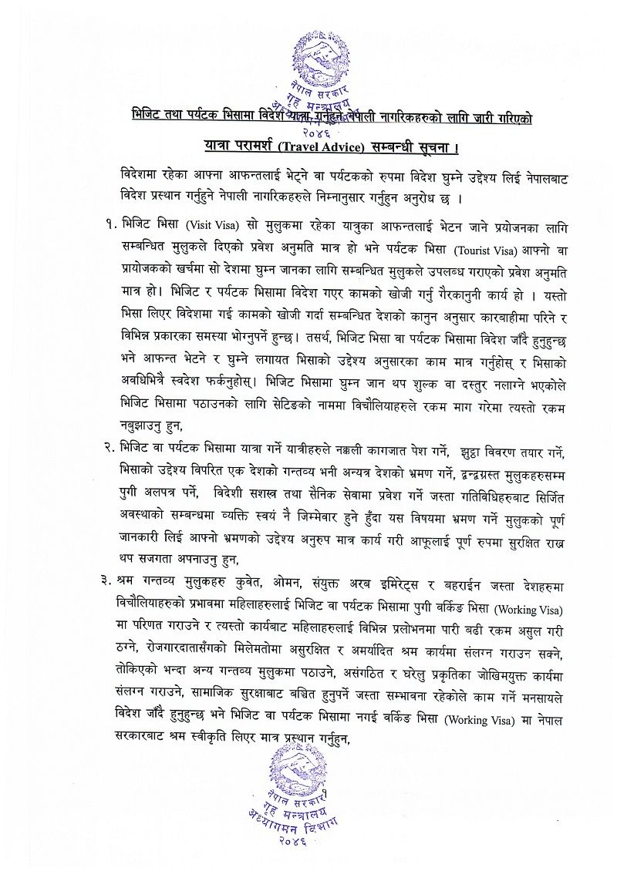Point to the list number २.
pyautogui.click(x=108, y=446)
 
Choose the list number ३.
pyautogui.click(x=108, y=576)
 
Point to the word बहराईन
pyautogui.click(x=473, y=576)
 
